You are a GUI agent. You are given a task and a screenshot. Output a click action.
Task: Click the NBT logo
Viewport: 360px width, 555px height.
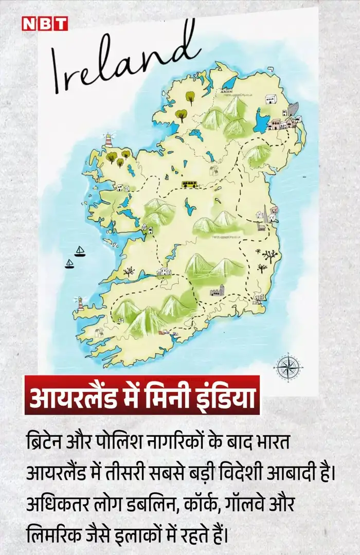coord(44,23)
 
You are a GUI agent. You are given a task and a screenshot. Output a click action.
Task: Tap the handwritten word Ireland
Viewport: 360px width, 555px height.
coord(123,59)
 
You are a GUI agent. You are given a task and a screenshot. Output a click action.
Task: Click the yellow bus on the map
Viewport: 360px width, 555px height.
coord(188,184)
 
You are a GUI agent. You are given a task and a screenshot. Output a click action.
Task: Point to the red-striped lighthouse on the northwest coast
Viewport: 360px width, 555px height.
coord(109,140)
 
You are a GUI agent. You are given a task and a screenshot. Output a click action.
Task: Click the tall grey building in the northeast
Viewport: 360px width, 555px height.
coord(293,110)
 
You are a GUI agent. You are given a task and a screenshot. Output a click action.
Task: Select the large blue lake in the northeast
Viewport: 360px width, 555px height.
coord(263,121)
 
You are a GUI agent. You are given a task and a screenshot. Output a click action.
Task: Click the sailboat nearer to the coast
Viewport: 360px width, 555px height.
coord(80,251)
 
